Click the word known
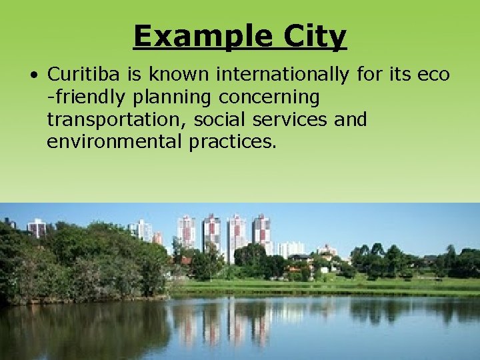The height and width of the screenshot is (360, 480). (x=174, y=75)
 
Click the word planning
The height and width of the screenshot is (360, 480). (x=175, y=97)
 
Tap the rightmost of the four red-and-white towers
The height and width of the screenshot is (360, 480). (x=261, y=230)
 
